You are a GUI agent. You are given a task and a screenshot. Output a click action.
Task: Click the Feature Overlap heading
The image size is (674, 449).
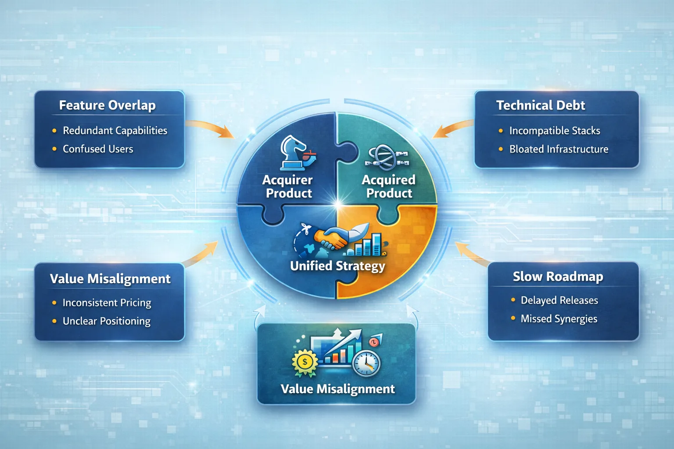coord(107,105)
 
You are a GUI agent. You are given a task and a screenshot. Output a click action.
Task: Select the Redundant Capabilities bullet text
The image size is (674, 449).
coord(115,131)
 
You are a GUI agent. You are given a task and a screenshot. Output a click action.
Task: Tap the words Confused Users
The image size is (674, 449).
coord(98,149)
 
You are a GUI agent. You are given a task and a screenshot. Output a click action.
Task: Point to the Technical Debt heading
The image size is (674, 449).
coord(541,105)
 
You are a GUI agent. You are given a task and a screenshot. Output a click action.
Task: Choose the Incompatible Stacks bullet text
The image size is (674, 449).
coord(555,131)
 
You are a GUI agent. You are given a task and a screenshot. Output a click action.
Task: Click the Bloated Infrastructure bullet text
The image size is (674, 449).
coord(559,149)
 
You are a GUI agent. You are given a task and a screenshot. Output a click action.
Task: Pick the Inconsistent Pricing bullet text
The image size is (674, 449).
coord(107,303)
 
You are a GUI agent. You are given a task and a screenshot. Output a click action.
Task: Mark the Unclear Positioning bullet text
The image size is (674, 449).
coord(107,321)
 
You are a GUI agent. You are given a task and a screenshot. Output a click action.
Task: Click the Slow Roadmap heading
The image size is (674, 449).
coord(558,277)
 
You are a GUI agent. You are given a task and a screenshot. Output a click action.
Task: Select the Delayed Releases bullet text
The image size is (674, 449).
coord(559,300)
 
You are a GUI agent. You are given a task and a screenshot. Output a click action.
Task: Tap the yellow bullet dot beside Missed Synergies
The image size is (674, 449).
coord(513,318)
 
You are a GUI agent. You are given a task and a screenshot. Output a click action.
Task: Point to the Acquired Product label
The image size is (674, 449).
coord(389,186)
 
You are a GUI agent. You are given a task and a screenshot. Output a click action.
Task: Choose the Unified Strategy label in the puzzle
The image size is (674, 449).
coord(337,266)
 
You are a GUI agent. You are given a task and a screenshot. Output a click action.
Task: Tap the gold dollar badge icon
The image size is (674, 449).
coord(305,362)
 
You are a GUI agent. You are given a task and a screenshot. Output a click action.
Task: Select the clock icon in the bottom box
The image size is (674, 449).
coord(366,363)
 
